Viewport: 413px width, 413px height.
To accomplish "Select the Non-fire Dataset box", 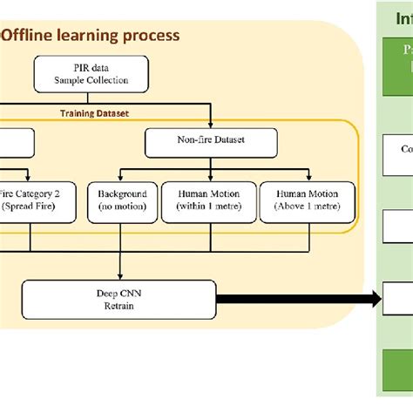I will (211, 141).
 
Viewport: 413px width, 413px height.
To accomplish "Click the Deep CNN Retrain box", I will (119, 299).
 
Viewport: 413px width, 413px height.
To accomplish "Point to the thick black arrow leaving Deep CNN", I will (296, 300).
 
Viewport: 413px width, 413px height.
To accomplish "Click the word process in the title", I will (151, 36).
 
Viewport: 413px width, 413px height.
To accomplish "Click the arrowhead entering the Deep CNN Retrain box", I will (119, 276).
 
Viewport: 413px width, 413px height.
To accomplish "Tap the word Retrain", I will (119, 306).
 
